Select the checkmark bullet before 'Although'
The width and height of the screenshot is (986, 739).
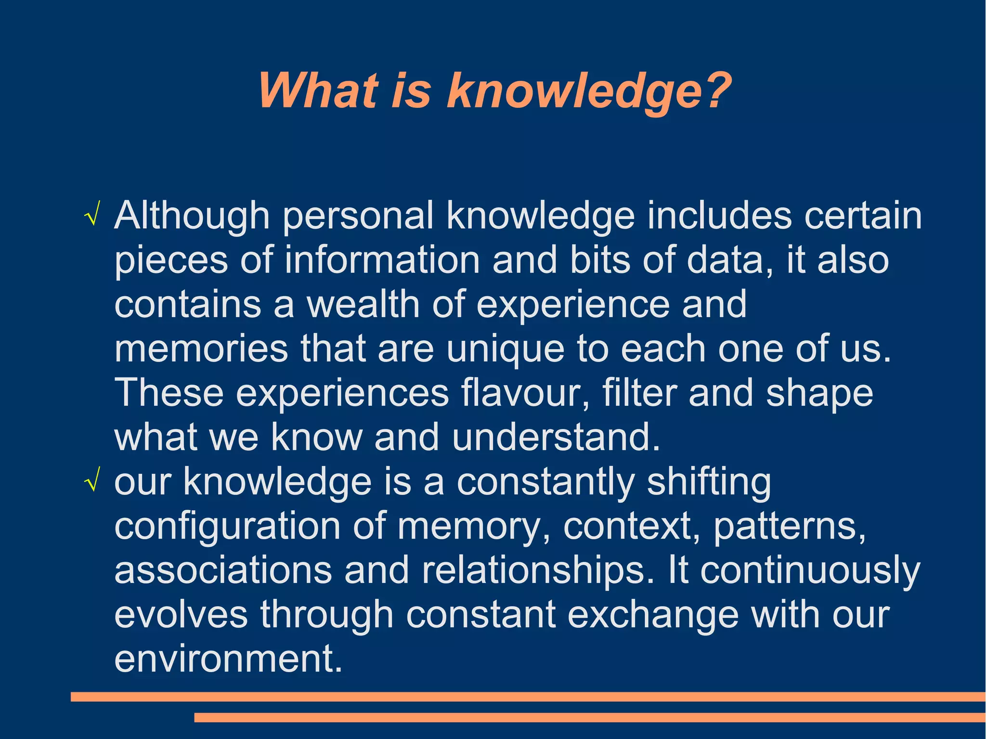(91, 218)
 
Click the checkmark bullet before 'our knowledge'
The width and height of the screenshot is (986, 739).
(91, 483)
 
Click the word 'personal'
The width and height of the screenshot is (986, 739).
(358, 217)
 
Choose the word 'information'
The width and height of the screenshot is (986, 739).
(382, 260)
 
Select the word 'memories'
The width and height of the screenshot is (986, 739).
(201, 349)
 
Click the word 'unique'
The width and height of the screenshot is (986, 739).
(505, 350)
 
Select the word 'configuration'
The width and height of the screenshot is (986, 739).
(227, 527)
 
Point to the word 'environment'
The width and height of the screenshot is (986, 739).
(228, 659)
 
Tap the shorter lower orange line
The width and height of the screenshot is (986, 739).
(589, 718)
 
